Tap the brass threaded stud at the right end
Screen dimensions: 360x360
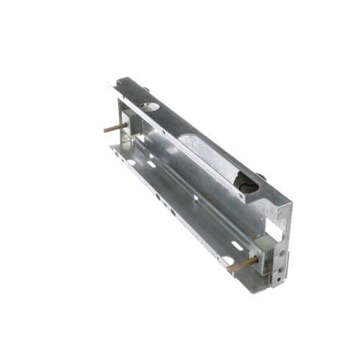pos(243,264)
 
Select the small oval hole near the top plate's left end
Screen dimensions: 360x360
pos(150,107)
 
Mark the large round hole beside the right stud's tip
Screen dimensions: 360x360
pos(228,261)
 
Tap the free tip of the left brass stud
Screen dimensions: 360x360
pos(105,130)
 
